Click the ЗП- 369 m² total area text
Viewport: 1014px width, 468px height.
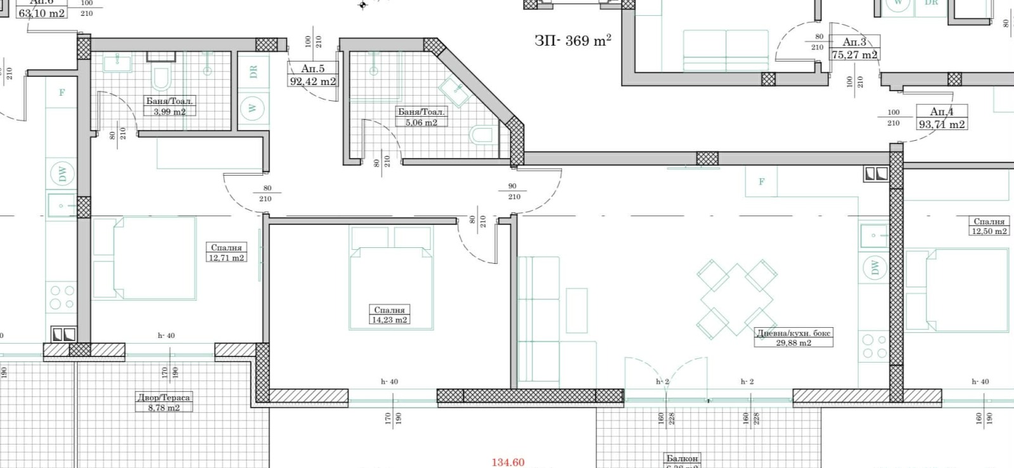pos(572,41)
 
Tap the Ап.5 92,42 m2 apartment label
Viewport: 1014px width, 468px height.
pos(313,75)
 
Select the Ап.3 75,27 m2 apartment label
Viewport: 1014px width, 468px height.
pos(854,48)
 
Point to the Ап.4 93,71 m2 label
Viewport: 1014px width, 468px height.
pos(942,118)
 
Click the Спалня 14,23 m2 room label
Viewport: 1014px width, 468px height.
pos(389,315)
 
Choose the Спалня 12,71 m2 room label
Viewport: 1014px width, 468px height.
pos(226,252)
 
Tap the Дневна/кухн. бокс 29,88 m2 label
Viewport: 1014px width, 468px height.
pos(793,337)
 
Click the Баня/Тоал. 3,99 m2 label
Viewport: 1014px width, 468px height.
pos(169,106)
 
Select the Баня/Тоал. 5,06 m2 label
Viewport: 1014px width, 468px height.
pos(421,117)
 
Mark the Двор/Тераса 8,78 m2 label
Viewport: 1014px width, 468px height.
pos(164,403)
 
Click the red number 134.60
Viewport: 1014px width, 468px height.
pos(508,462)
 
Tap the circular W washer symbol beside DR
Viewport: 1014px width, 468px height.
pos(253,108)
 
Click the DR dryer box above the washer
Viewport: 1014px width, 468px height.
pos(253,72)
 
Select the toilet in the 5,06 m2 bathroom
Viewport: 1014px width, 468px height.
pos(484,135)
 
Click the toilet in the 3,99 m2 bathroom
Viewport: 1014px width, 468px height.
pos(162,79)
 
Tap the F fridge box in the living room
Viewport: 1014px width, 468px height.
pos(762,181)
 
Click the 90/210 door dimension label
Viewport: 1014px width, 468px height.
pos(513,192)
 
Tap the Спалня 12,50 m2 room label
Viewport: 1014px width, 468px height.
pos(989,226)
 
